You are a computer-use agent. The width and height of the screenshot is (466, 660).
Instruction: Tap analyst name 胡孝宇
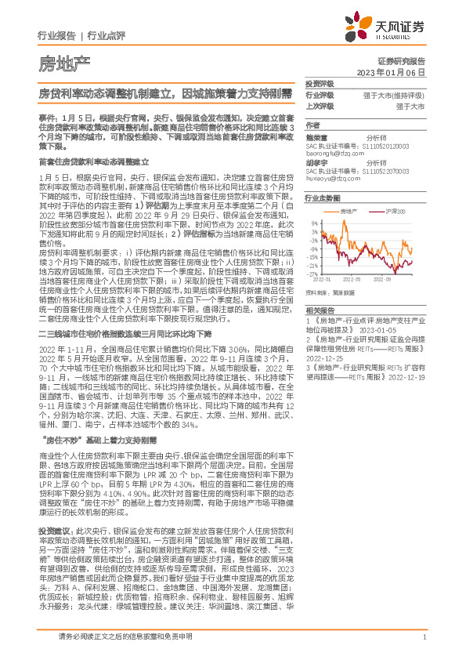click(316, 163)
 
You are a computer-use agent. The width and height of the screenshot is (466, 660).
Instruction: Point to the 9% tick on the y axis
click(314, 224)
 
